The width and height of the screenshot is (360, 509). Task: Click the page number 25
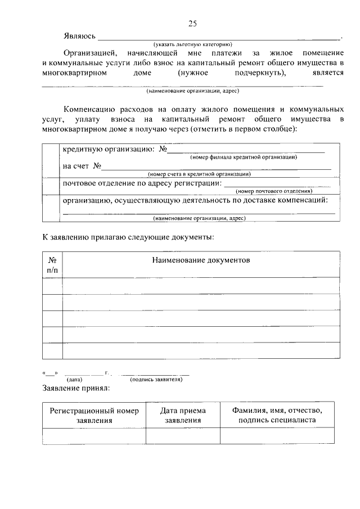point(192,23)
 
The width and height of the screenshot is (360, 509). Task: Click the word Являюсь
point(79,37)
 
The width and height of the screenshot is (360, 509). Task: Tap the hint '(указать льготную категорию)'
point(193,44)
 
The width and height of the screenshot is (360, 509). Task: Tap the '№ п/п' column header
point(52,265)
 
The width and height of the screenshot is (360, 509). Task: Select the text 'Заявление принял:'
point(76,388)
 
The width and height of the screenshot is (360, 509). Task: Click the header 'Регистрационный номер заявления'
point(94,415)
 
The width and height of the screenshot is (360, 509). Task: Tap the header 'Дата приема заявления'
point(183,415)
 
